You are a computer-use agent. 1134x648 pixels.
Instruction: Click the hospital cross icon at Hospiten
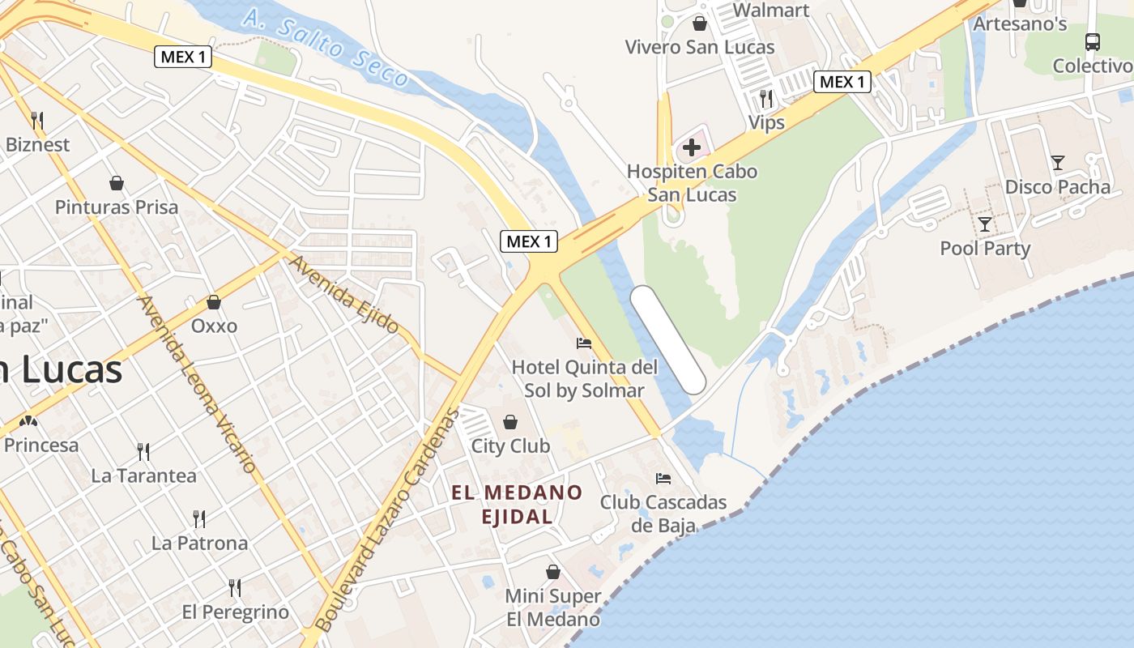tap(692, 147)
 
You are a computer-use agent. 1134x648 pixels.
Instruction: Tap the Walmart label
tap(770, 10)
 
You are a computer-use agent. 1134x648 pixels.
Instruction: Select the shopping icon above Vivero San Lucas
tap(700, 23)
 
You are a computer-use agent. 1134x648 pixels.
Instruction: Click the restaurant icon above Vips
tap(766, 99)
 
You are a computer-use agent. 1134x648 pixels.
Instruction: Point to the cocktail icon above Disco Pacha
tap(1058, 163)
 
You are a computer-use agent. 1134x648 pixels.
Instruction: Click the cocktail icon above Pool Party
tap(985, 224)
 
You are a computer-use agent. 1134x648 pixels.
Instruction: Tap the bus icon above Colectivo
tap(1093, 41)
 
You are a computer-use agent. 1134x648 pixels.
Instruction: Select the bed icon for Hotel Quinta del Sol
tap(583, 343)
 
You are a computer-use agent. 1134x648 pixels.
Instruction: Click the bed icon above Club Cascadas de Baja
tap(663, 479)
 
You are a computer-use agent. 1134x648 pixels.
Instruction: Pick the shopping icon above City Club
tap(510, 422)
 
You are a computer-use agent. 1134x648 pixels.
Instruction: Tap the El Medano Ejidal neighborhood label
tap(517, 504)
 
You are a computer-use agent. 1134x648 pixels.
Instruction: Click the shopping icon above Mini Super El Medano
tap(553, 573)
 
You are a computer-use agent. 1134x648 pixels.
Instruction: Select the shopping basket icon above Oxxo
tap(214, 302)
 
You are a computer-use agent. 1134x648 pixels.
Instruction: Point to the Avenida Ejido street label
tap(344, 294)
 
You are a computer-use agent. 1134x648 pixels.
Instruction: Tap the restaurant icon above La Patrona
tap(199, 518)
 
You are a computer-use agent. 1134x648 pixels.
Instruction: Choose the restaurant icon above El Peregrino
tap(235, 587)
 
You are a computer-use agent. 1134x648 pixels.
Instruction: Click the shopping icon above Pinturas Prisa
tap(117, 183)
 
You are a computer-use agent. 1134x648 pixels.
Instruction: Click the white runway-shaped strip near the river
tap(668, 339)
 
